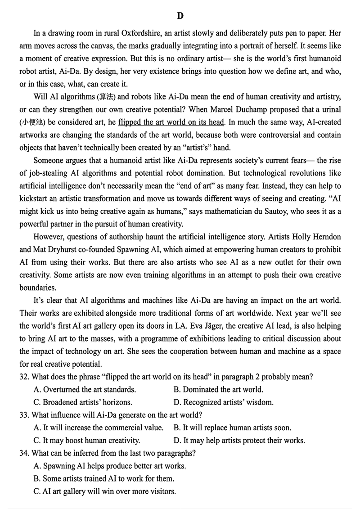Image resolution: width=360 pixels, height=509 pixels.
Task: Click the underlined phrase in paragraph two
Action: coord(172,122)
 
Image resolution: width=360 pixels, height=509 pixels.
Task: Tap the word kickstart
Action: coord(36,198)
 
